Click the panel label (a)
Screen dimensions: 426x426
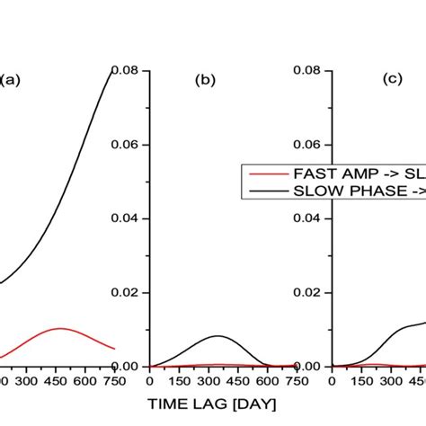[11, 79]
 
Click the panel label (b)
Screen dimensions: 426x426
[205, 79]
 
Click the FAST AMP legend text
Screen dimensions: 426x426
[351, 174]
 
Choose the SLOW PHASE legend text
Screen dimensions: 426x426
[354, 190]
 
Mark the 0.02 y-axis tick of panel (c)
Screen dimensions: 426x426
[310, 292]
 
